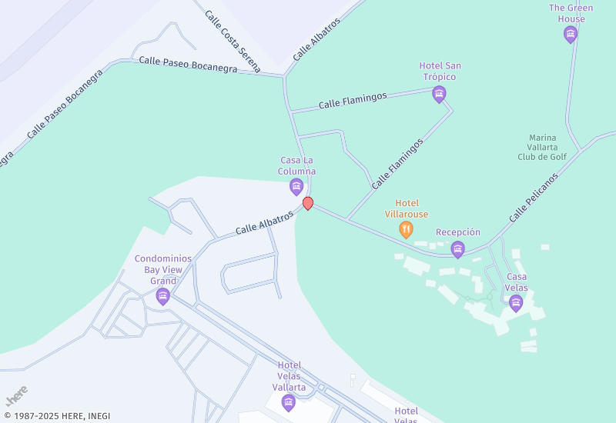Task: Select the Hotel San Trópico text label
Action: click(x=440, y=72)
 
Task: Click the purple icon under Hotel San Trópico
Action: click(x=440, y=95)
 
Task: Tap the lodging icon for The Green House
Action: click(x=571, y=34)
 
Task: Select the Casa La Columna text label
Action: click(x=297, y=165)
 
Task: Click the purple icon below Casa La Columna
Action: click(x=296, y=186)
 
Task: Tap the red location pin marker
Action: click(x=308, y=203)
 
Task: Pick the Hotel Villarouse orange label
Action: click(x=406, y=208)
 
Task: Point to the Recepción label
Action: click(x=458, y=232)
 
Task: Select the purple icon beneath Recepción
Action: click(x=458, y=249)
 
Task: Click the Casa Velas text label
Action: click(x=517, y=282)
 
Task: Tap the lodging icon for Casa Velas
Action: click(x=516, y=303)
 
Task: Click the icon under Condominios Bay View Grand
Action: click(x=162, y=296)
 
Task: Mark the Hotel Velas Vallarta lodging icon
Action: click(x=289, y=402)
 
